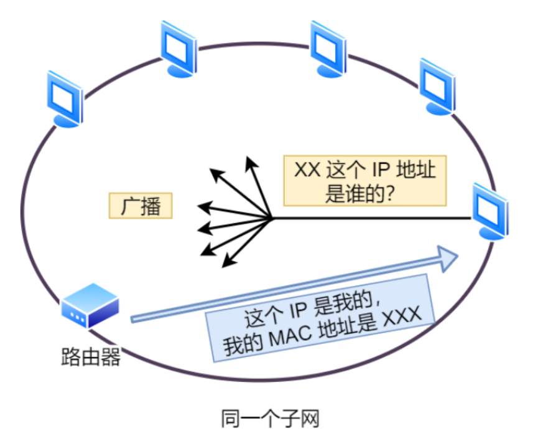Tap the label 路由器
click(90, 357)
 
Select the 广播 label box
click(141, 206)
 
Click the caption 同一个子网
click(270, 418)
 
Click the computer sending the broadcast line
click(491, 212)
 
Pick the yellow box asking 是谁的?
click(365, 180)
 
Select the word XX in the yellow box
click(307, 169)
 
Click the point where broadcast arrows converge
click(272, 218)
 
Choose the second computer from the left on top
click(179, 49)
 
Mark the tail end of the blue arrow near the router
click(133, 319)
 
